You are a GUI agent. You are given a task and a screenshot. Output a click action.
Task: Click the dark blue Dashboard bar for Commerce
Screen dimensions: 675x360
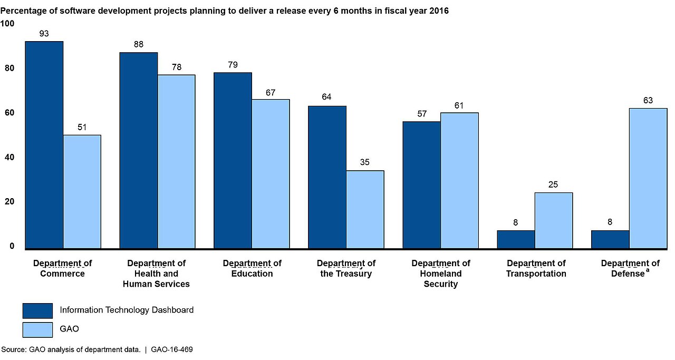pyautogui.click(x=44, y=145)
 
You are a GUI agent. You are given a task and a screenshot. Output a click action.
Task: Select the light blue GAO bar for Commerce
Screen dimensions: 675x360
pyautogui.click(x=82, y=192)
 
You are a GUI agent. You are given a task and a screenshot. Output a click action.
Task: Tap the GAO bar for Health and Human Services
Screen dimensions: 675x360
pyautogui.click(x=176, y=162)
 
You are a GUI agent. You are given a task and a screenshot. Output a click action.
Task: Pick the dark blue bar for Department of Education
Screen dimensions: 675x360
pyautogui.click(x=233, y=161)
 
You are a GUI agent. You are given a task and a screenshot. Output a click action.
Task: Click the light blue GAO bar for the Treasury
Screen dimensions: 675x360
pyautogui.click(x=365, y=210)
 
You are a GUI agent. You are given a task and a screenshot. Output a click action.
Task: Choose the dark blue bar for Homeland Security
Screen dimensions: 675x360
pyautogui.click(x=421, y=186)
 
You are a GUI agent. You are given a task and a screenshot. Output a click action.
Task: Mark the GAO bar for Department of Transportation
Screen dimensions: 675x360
pyautogui.click(x=554, y=220)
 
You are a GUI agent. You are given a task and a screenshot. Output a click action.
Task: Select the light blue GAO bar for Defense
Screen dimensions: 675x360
pyautogui.click(x=648, y=178)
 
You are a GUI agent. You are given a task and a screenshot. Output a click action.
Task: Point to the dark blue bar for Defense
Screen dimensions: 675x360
pyautogui.click(x=610, y=239)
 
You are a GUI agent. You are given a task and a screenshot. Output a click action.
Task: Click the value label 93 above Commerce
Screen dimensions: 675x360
pyautogui.click(x=44, y=33)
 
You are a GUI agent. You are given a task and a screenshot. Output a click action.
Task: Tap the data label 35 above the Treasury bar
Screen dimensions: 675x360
pyautogui.click(x=364, y=162)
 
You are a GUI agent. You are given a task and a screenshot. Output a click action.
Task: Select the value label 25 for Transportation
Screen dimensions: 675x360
pyautogui.click(x=553, y=184)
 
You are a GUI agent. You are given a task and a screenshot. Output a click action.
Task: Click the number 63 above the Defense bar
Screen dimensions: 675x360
pyautogui.click(x=648, y=100)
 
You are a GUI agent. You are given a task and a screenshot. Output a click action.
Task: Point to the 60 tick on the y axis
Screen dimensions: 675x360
pyautogui.click(x=9, y=113)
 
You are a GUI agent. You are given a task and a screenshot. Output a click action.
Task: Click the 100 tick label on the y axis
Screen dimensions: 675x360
pyautogui.click(x=7, y=24)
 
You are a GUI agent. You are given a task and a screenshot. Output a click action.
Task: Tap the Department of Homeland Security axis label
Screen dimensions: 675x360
pyautogui.click(x=440, y=274)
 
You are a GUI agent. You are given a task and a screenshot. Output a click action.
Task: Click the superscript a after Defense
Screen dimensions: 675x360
pyautogui.click(x=647, y=270)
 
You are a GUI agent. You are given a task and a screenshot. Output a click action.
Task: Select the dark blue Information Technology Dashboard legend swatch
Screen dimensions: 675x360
pyautogui.click(x=37, y=310)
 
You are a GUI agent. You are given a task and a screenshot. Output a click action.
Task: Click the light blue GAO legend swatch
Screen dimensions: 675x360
pyautogui.click(x=37, y=329)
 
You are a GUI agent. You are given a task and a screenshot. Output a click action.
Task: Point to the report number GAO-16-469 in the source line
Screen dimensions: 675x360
pyautogui.click(x=172, y=349)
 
